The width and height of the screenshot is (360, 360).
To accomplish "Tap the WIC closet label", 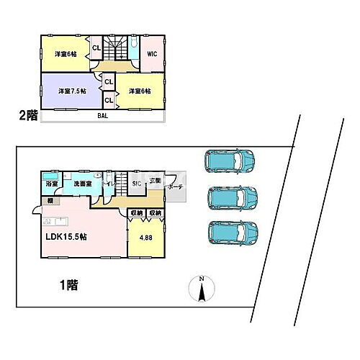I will pos(152,53).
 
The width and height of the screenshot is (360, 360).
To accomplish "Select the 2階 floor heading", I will pos(27,114).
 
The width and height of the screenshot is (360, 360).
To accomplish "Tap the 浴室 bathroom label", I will pos(50,185).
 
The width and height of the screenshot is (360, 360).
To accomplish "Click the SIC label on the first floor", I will pos(135,184).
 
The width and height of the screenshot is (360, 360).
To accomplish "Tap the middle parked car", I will pos(232,196).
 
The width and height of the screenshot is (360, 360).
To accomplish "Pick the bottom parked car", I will pos(232,232).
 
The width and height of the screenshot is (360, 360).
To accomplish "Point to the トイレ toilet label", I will pos(106,185).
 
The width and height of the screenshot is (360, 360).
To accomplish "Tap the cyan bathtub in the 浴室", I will pos(50,176).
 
